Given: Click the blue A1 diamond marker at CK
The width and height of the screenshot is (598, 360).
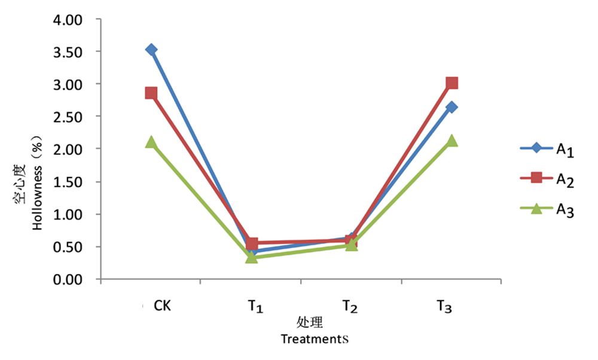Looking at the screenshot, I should [151, 50].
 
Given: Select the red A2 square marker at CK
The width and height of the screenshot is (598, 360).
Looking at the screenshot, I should [151, 93].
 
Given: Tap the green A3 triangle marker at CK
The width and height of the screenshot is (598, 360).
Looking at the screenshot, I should [151, 142].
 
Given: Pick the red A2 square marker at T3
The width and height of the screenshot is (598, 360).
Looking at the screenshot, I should [452, 83].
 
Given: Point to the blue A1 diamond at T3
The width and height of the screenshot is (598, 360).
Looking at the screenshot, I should [451, 107].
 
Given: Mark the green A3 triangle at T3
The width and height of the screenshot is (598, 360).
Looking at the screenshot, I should [452, 141].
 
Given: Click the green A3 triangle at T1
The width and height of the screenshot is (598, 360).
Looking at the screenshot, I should [252, 258].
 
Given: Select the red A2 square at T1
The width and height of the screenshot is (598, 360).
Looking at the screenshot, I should [252, 243].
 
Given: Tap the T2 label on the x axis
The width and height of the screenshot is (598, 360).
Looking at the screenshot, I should [350, 307].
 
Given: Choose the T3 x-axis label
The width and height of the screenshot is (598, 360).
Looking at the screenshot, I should [443, 307].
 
